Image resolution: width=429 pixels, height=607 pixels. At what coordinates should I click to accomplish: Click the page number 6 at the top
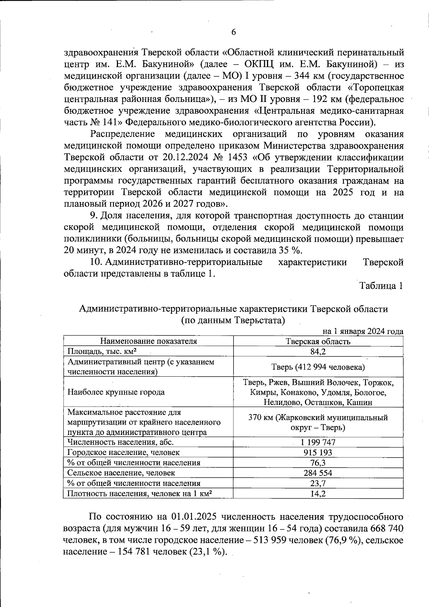click(233, 32)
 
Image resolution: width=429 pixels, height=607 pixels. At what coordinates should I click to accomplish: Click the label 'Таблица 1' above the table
click(381, 286)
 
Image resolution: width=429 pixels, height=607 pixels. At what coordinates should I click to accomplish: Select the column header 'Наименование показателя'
click(148, 341)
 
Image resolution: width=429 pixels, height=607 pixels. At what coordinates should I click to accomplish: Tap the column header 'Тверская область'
click(318, 341)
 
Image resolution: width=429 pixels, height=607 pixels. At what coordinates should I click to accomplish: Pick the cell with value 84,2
click(318, 351)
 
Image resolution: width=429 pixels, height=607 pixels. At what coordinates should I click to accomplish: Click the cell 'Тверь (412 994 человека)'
click(318, 367)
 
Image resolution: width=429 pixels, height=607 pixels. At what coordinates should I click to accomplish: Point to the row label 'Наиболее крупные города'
click(116, 392)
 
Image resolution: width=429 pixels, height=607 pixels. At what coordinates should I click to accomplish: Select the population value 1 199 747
click(318, 442)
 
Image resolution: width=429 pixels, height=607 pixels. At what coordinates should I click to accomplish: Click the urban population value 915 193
click(318, 452)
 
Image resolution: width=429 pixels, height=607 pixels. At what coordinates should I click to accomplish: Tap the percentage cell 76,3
click(318, 463)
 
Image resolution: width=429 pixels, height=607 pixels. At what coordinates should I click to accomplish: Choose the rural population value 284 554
click(318, 473)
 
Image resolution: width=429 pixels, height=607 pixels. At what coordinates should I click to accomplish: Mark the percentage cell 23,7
click(318, 483)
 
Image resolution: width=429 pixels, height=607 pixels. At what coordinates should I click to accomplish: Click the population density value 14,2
click(318, 494)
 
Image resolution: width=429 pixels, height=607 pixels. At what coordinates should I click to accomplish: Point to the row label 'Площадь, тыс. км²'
click(102, 351)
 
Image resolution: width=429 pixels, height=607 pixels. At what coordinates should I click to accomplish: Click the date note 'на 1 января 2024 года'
click(363, 332)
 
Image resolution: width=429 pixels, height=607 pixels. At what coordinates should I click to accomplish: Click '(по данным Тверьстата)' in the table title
click(233, 320)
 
